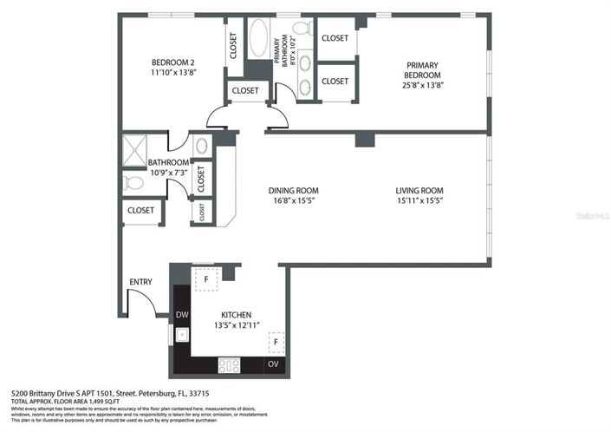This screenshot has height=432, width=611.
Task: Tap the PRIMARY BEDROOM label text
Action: (421, 69)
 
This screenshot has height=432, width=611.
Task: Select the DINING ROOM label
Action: (292, 191)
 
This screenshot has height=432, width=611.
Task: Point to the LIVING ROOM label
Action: (419, 191)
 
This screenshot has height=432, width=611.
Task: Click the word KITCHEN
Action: (236, 315)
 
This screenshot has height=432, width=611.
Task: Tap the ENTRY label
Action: (140, 282)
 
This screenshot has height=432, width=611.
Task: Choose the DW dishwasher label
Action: (182, 315)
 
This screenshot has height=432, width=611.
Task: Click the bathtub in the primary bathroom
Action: (257, 40)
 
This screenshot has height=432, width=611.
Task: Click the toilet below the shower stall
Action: (133, 182)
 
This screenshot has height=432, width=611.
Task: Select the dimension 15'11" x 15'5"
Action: (419, 201)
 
